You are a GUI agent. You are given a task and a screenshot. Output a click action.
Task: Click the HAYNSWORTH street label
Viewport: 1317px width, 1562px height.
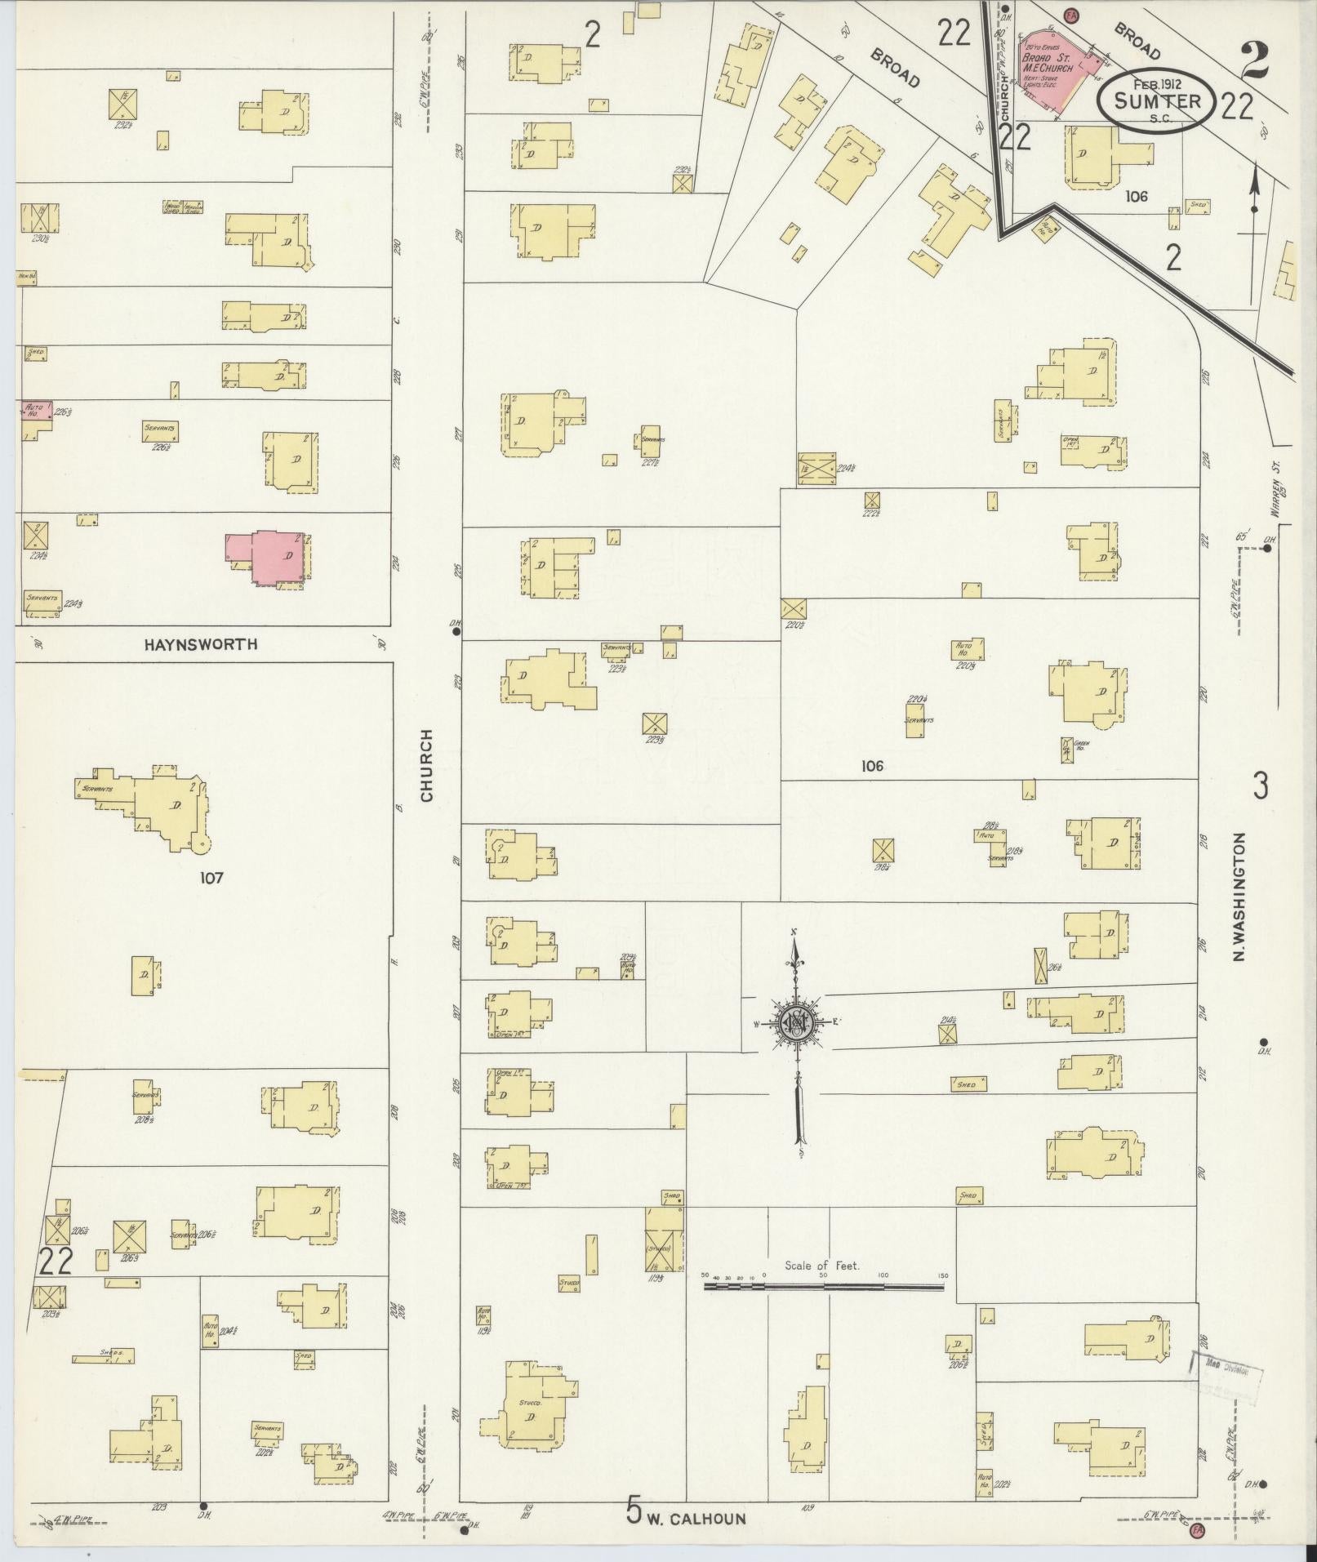pyautogui.click(x=201, y=644)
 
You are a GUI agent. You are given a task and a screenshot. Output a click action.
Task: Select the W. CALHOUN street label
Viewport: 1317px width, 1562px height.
pyautogui.click(x=696, y=1519)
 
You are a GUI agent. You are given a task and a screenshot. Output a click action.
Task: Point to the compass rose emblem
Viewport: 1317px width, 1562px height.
pyautogui.click(x=798, y=1021)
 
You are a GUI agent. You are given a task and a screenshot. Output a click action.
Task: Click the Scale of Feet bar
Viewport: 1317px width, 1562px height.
pyautogui.click(x=823, y=1288)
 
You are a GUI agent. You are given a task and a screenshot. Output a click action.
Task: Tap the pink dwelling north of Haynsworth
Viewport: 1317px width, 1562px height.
pyautogui.click(x=270, y=557)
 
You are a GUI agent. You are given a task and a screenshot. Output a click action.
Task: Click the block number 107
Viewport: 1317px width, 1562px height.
pyautogui.click(x=211, y=879)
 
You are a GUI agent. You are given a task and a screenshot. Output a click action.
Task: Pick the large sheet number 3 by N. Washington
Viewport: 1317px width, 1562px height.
pyautogui.click(x=1261, y=786)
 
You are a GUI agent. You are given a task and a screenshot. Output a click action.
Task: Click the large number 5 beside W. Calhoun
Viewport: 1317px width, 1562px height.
pyautogui.click(x=634, y=1510)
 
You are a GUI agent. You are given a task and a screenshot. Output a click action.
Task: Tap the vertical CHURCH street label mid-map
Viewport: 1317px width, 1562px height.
pyautogui.click(x=426, y=764)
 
